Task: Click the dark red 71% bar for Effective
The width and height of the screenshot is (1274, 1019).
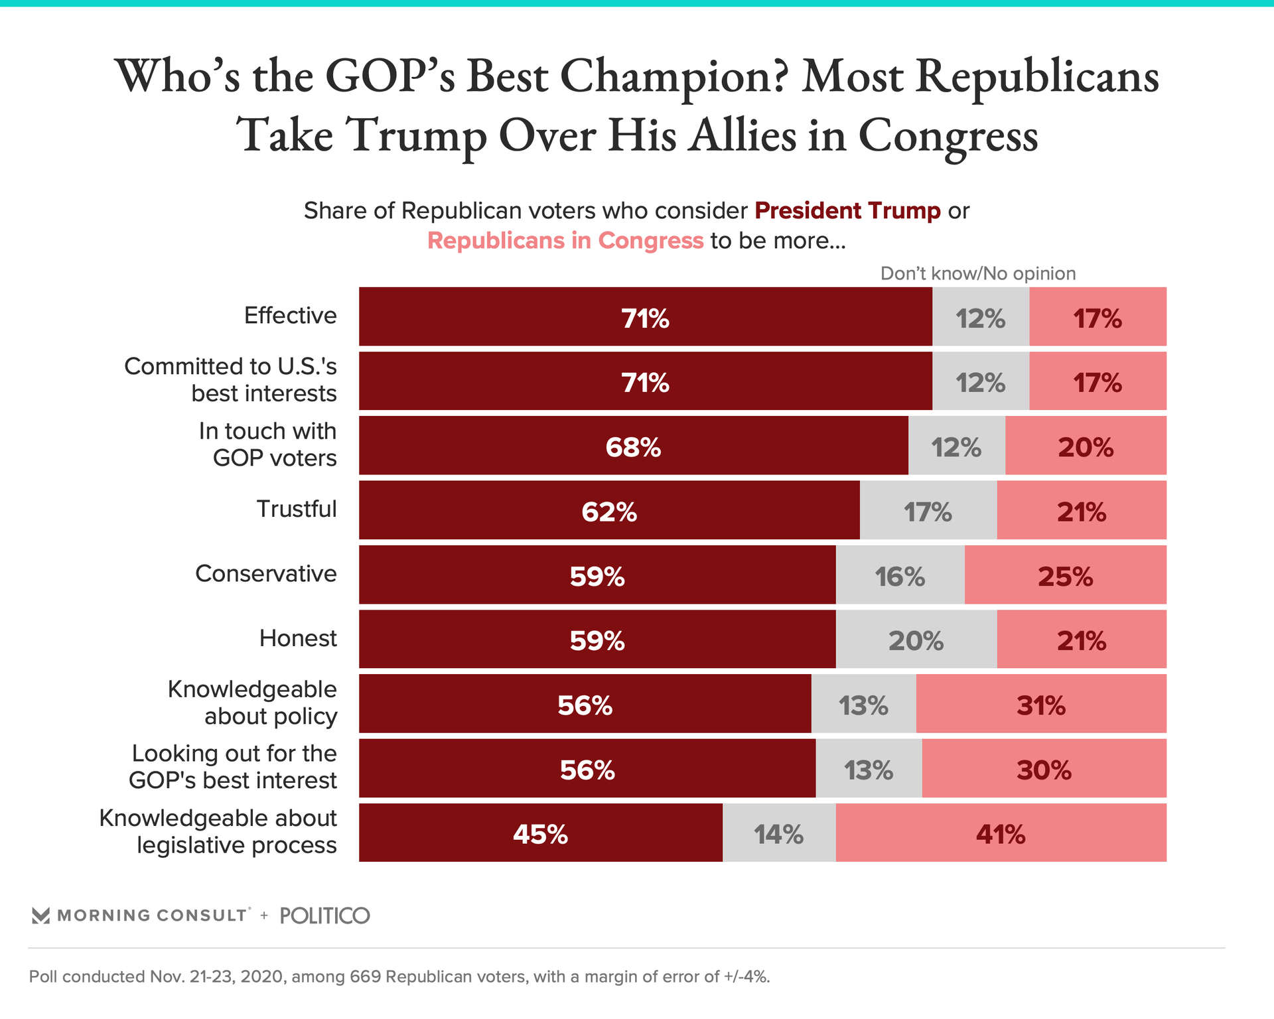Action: pyautogui.click(x=645, y=317)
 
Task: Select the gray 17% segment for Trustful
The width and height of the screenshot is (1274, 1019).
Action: pyautogui.click(x=928, y=511)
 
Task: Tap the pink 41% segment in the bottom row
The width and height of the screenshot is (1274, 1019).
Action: pyautogui.click(x=1001, y=833)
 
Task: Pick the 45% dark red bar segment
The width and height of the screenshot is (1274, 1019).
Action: pyautogui.click(x=540, y=833)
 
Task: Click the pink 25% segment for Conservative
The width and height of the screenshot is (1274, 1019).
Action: pyautogui.click(x=1065, y=575)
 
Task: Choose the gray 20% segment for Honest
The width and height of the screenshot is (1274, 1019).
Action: pyautogui.click(x=916, y=640)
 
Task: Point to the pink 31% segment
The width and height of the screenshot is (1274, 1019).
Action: pyautogui.click(x=1040, y=705)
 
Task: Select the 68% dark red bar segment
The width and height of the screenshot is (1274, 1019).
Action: pyautogui.click(x=633, y=446)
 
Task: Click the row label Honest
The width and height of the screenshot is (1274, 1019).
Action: pyautogui.click(x=298, y=638)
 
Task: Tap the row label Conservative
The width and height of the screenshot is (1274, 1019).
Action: pyautogui.click(x=266, y=574)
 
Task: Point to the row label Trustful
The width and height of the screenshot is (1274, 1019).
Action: pyautogui.click(x=297, y=509)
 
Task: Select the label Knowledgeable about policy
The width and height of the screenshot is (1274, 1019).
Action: pyautogui.click(x=253, y=703)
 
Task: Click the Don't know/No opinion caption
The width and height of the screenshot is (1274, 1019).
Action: pyautogui.click(x=977, y=273)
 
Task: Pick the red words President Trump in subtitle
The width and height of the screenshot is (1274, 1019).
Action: pyautogui.click(x=847, y=211)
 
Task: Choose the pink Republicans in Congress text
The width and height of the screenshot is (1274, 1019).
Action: pyautogui.click(x=565, y=241)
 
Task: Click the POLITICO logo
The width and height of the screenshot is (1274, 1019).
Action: pyautogui.click(x=325, y=916)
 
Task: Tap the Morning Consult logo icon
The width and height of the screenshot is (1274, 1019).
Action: pyautogui.click(x=41, y=916)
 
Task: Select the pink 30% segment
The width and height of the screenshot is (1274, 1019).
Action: pyautogui.click(x=1044, y=770)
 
